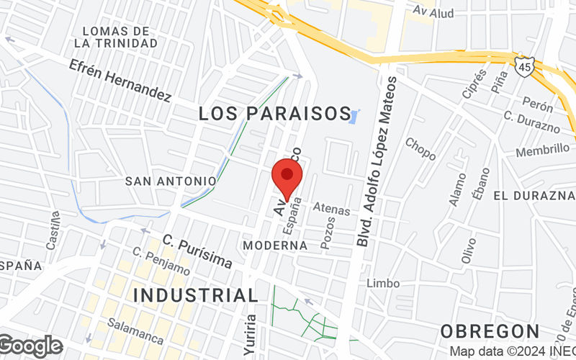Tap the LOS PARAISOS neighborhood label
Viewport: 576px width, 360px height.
tap(274, 114)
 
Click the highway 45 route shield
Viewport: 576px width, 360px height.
tap(524, 66)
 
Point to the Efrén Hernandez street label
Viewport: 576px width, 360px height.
tap(120, 80)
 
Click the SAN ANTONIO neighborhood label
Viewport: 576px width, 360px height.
tap(171, 181)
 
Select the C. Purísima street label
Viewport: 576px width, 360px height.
tap(197, 252)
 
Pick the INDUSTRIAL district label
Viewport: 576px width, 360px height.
tap(196, 295)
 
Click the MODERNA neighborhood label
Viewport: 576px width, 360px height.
tap(275, 246)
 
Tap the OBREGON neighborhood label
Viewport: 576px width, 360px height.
tap(490, 331)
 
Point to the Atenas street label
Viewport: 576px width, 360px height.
tap(332, 210)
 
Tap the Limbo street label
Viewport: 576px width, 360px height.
tap(383, 283)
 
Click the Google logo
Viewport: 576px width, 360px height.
tap(31, 346)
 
